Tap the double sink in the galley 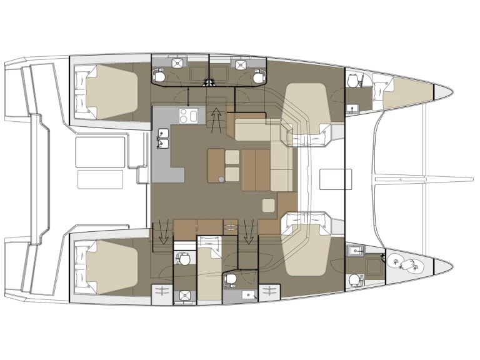click(164, 138)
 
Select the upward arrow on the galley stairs click(216, 117)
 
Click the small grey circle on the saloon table click(221, 179)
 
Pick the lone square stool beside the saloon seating click(269, 205)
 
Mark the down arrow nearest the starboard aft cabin click(164, 232)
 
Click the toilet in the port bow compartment click(355, 82)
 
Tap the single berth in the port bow click(406, 91)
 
